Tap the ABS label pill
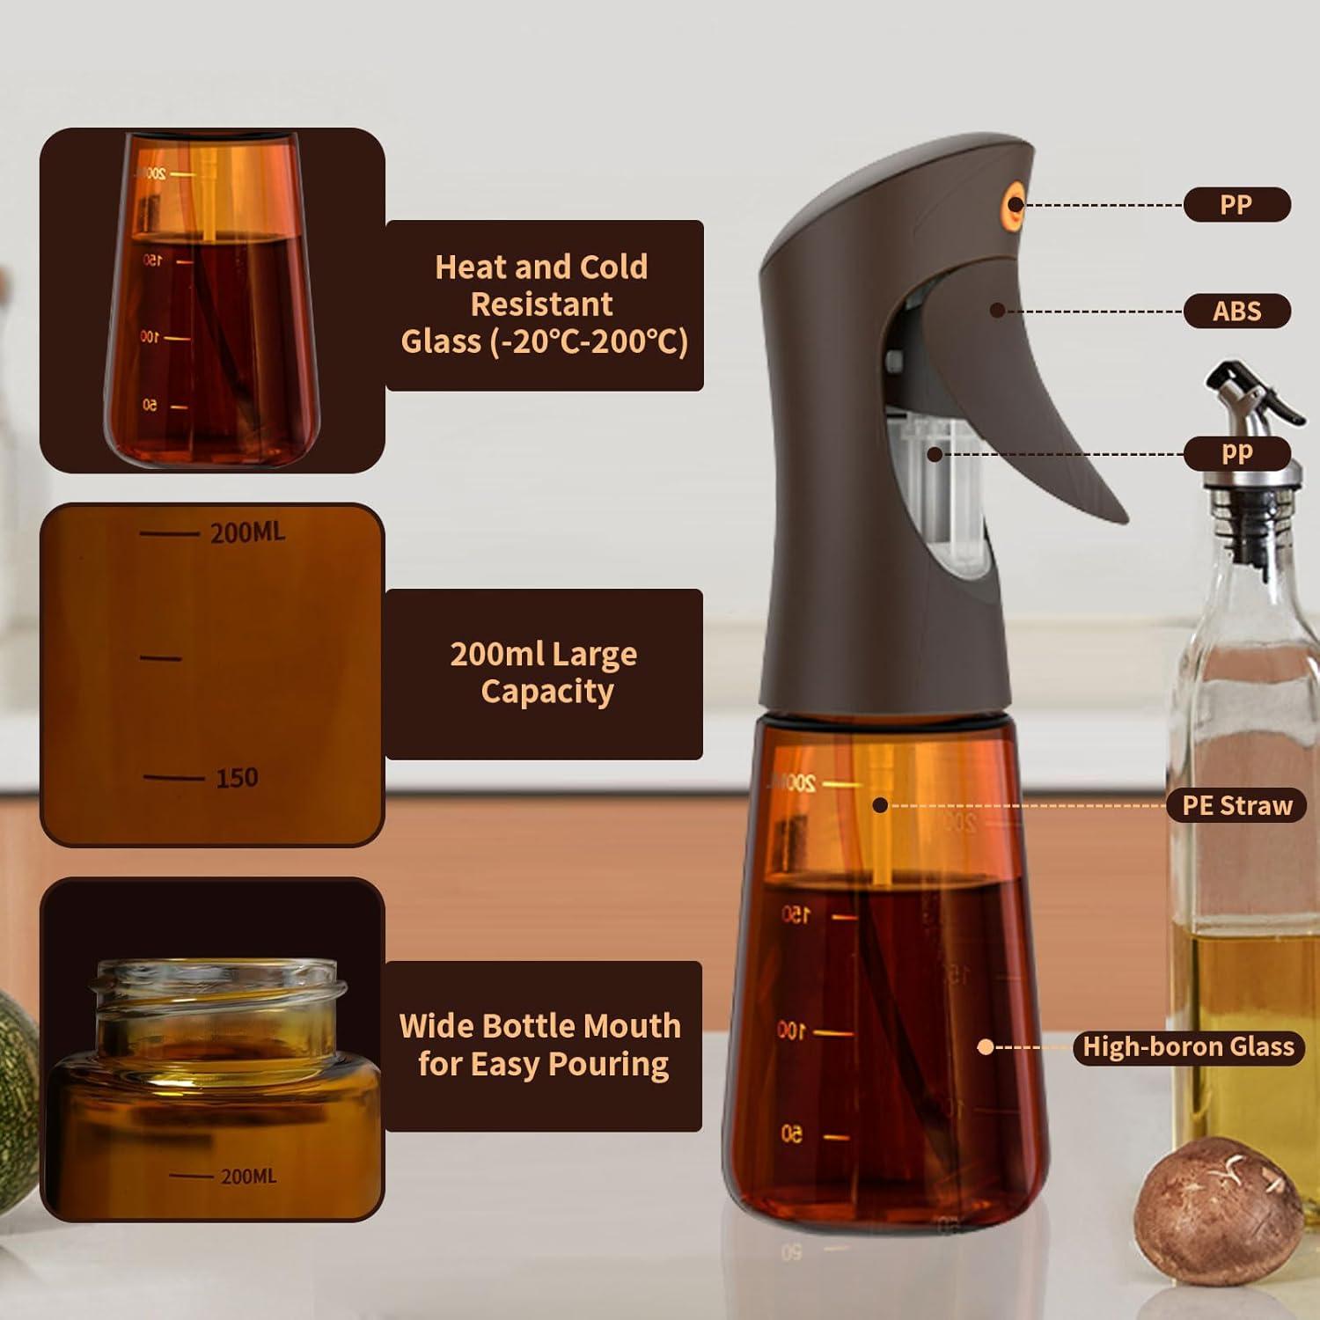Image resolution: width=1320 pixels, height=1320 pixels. pos(1236,311)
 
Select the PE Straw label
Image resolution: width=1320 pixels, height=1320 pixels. pos(1236,805)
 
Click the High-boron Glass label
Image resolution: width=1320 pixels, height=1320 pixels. pos(1188,1046)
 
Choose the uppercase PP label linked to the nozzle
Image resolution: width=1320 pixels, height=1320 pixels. pos(1236,204)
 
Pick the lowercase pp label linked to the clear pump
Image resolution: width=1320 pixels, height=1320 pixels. pos(1236,453)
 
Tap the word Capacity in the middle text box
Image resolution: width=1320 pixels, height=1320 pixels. pos(546,692)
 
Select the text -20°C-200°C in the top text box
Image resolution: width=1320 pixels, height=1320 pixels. pos(588,341)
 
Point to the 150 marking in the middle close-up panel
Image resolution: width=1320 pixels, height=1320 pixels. pos(237,778)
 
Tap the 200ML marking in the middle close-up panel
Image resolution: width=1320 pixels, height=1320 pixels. pos(247,532)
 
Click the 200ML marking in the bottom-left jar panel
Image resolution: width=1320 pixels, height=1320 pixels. pos(248,1177)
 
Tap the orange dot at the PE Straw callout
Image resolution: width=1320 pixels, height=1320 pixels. pos(879,805)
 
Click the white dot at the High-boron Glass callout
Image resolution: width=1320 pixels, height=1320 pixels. pos(986,1046)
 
